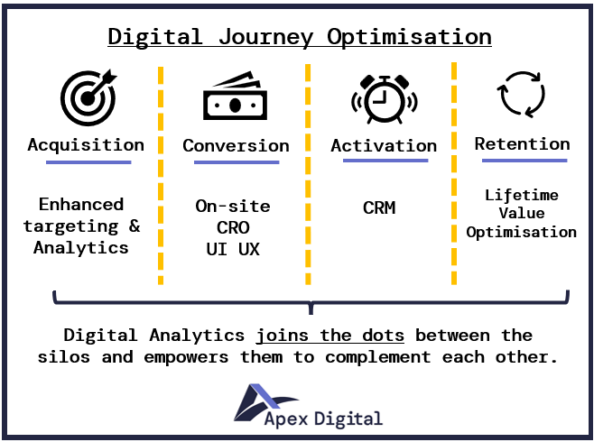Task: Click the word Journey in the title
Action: pyautogui.click(x=266, y=38)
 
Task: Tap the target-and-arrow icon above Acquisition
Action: pyautogui.click(x=88, y=97)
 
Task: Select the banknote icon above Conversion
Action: pyautogui.click(x=235, y=96)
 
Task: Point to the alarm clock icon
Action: pyautogui.click(x=385, y=99)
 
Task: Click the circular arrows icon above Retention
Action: pyautogui.click(x=521, y=94)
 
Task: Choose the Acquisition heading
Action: pyautogui.click(x=86, y=145)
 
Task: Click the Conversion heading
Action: pyautogui.click(x=236, y=146)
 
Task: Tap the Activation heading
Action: pyautogui.click(x=384, y=146)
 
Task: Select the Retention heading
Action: pyautogui.click(x=523, y=144)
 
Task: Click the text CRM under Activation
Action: pyautogui.click(x=379, y=207)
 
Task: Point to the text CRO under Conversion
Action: pyautogui.click(x=233, y=228)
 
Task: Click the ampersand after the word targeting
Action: pyautogui.click(x=135, y=226)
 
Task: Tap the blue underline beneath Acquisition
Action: pyautogui.click(x=88, y=162)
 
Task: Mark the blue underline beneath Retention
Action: pyautogui.click(x=524, y=161)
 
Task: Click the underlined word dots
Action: pyautogui.click(x=383, y=336)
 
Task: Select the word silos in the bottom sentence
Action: pyautogui.click(x=64, y=357)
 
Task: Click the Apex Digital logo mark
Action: pyautogui.click(x=266, y=402)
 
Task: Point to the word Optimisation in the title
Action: pyautogui.click(x=410, y=38)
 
